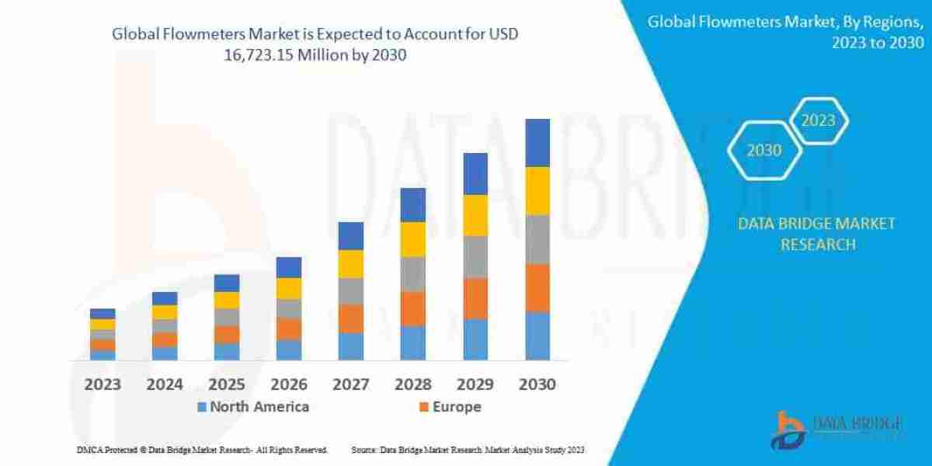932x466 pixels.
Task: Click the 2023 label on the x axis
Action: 103,384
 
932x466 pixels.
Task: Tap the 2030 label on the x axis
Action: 537,384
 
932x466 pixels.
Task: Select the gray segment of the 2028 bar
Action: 413,273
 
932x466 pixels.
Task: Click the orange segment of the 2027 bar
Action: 351,318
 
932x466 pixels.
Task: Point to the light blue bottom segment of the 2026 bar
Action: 289,349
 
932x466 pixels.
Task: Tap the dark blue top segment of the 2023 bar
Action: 103,314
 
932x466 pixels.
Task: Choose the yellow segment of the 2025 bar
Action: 227,300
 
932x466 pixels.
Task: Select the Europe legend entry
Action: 457,406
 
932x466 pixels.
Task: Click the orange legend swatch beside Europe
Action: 424,407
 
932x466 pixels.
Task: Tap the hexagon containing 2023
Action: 818,120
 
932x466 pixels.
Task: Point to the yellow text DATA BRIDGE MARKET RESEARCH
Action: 817,234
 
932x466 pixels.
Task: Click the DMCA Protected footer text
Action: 202,450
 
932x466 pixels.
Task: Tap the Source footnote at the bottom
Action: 468,450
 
